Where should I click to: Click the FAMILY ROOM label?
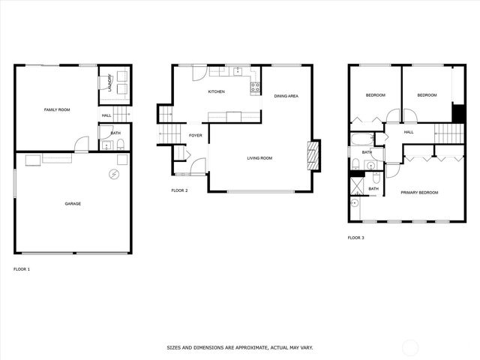point(56,110)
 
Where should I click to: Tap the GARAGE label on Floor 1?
point(73,203)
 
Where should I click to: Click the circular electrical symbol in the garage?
point(113,174)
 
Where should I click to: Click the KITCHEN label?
point(216,91)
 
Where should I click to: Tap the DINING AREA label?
point(286,96)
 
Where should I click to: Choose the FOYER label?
point(195,136)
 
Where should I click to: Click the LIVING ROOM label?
point(259,158)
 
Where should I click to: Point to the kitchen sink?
point(237,71)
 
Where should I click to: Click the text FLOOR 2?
point(179,190)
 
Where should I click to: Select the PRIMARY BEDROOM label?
point(419,193)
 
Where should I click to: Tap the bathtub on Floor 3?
point(362,139)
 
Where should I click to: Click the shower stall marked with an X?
point(358,184)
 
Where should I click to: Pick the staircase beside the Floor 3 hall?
point(450,133)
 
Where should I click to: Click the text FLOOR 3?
point(355,238)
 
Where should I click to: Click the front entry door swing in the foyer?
point(196,166)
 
